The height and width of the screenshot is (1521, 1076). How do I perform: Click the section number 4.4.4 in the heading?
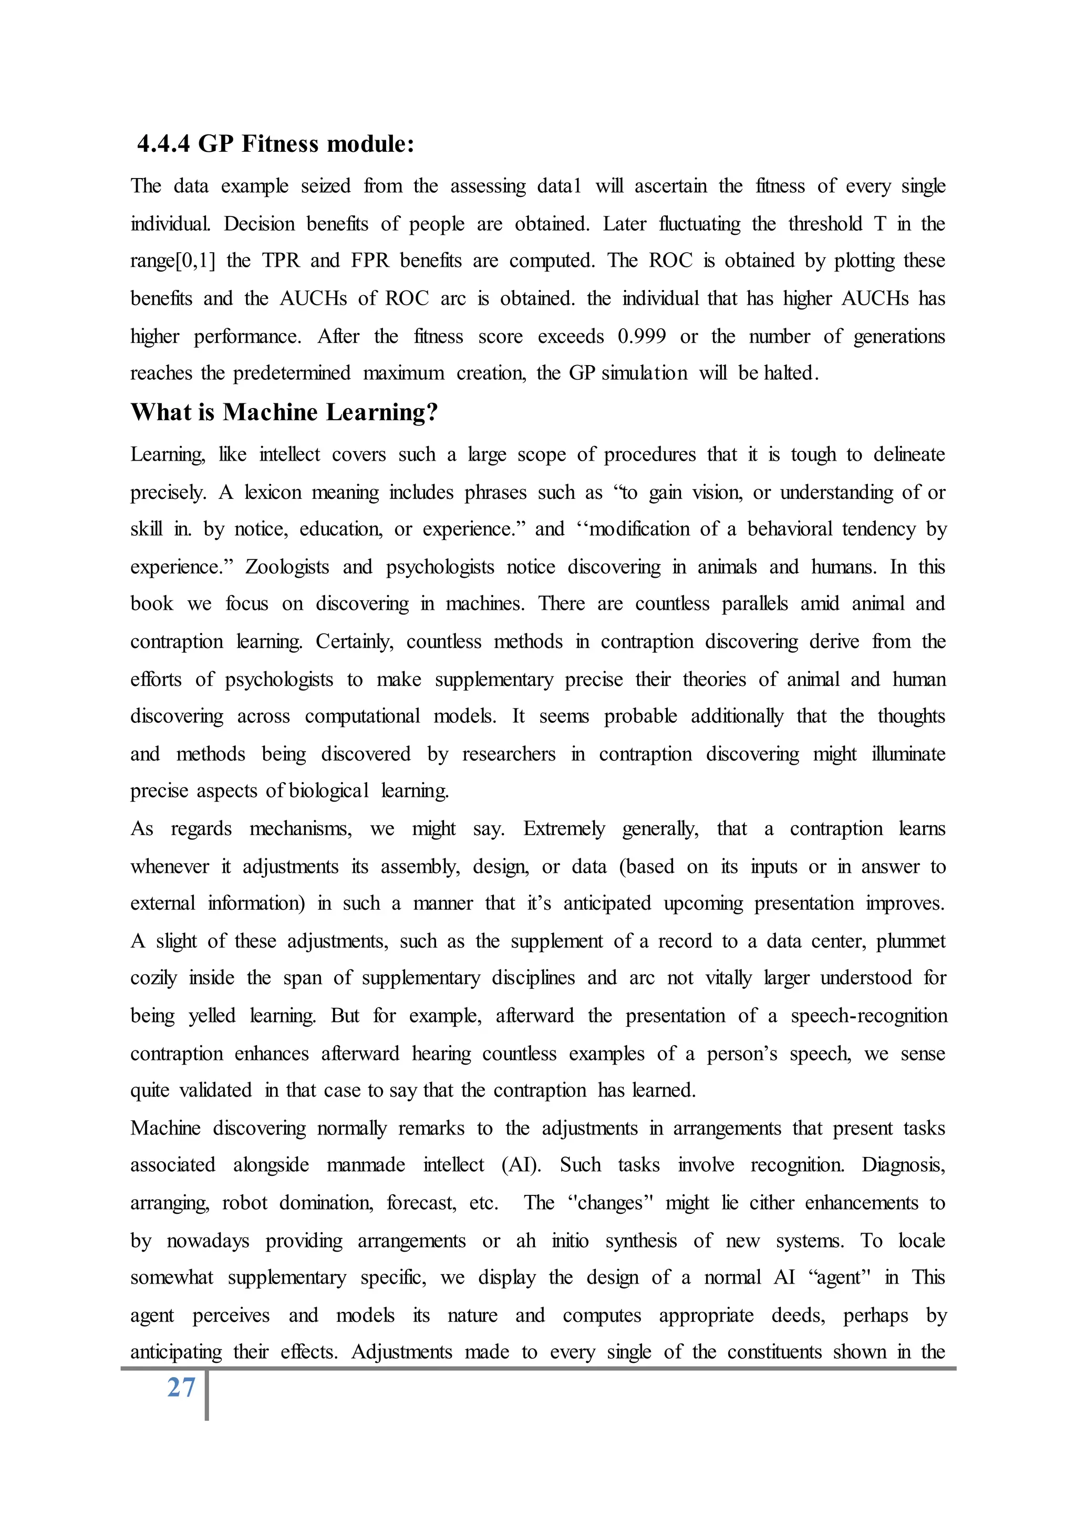point(163,144)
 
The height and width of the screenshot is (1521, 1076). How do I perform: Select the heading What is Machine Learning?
point(284,412)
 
